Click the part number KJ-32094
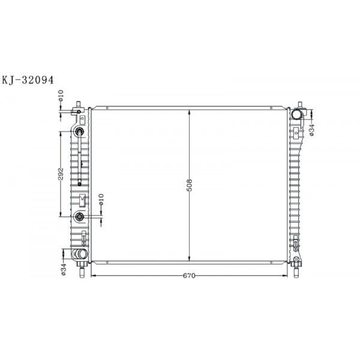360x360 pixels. point(28,80)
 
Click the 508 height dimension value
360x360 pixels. point(189,185)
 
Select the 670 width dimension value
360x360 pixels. point(189,275)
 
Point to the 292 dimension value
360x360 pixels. point(61,174)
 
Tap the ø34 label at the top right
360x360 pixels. point(311,130)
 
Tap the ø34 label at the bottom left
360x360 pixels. point(64,269)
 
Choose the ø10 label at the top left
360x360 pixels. point(61,95)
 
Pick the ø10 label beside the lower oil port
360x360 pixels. point(101,199)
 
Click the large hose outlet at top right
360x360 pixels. point(296,115)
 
